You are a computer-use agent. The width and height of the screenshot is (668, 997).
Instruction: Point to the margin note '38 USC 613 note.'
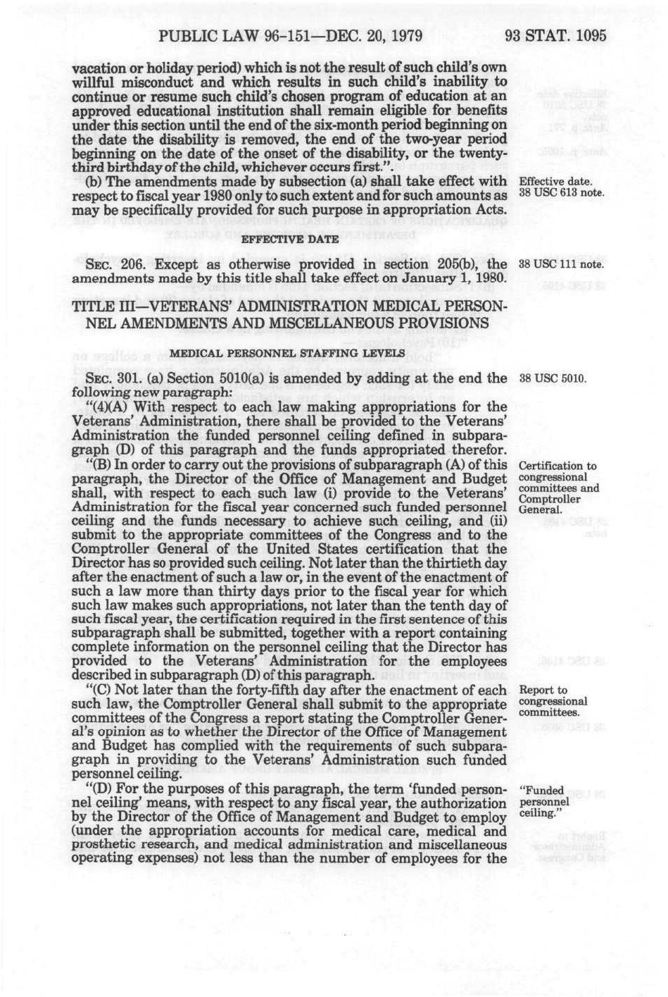click(x=561, y=194)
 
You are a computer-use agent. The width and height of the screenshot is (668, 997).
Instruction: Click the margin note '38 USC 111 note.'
click(x=561, y=266)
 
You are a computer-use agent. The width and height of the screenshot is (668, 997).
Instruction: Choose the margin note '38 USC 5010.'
click(x=552, y=379)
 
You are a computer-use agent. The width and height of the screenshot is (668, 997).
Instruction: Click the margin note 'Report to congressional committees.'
click(x=552, y=701)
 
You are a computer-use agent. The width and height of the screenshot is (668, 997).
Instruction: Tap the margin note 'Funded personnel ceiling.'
click(x=543, y=802)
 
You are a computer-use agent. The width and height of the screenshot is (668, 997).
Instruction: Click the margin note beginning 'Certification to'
click(x=557, y=466)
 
